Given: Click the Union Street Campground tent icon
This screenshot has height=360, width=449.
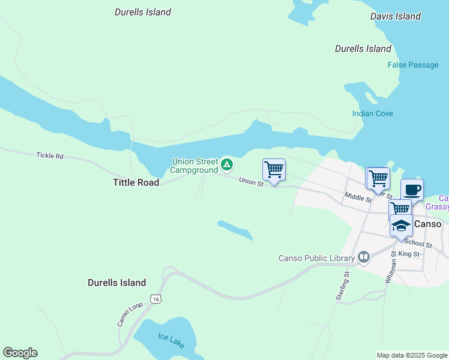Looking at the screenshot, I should coord(226,164).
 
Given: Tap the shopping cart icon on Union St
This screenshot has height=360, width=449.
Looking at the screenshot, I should coord(274,170).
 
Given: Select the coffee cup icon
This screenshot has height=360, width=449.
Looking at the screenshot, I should coord(412,190).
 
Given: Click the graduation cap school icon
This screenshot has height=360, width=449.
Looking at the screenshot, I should coord(401,226).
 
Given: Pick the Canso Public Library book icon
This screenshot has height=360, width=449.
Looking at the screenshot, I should coord(363,258).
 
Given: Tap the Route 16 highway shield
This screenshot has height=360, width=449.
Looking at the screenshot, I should coord(156,299).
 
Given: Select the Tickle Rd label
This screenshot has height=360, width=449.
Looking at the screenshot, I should coord(50,155).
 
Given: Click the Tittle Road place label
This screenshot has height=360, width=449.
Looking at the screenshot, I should coord(136,182).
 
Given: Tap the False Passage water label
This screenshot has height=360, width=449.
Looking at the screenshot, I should coord(413,65).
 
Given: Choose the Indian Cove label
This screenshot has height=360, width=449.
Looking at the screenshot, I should coord(372,113).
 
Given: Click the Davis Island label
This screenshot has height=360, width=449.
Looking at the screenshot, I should coord(396,16).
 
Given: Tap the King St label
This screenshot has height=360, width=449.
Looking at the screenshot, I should coord(412,254).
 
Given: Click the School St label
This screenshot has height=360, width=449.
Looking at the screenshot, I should coord(418,244).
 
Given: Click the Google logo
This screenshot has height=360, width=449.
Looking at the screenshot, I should coord(20,353).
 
